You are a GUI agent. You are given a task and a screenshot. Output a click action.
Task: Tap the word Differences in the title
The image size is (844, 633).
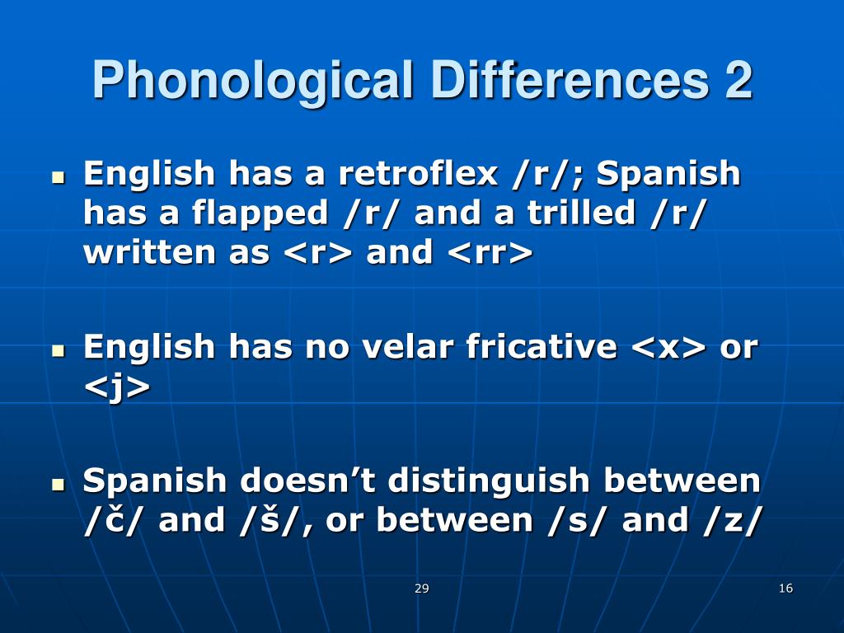[565, 81]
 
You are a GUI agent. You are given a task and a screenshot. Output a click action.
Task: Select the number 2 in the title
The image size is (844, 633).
[738, 81]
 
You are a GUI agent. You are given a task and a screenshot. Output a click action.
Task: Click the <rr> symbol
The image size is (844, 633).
[490, 253]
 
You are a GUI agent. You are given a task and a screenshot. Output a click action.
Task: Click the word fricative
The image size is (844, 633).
[541, 347]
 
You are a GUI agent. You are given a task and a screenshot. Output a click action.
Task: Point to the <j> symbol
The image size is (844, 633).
[117, 387]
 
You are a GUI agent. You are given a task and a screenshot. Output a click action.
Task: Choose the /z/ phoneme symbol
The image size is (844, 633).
[729, 520]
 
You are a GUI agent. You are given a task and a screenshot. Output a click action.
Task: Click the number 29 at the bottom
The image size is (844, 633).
[422, 588]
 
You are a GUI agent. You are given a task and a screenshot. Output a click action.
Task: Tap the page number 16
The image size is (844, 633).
[785, 588]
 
